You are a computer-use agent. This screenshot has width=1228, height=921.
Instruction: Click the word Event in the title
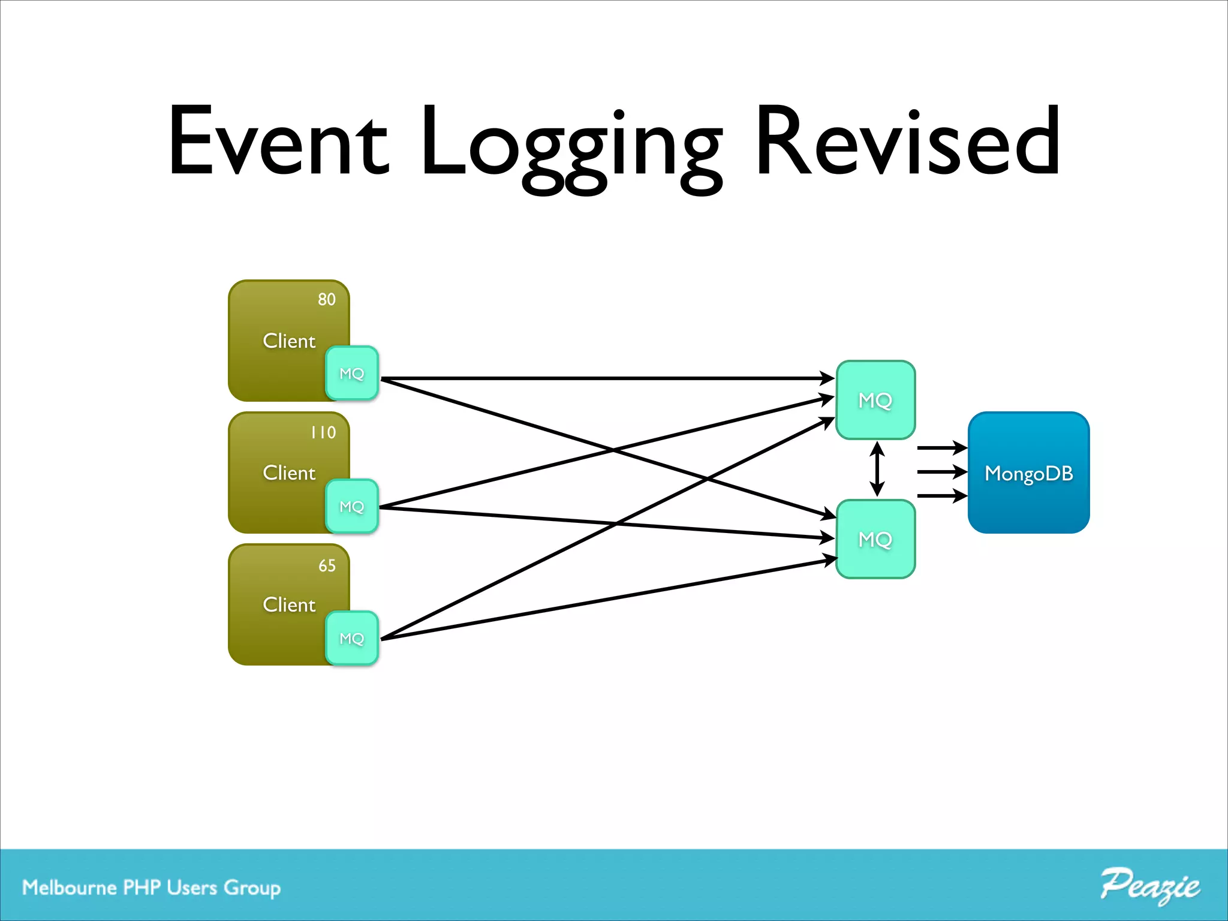coord(278,142)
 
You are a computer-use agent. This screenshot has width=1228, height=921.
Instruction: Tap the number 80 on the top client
coord(327,300)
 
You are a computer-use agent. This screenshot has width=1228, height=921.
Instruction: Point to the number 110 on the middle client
coord(323,432)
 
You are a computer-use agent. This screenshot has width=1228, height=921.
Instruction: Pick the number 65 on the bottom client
coord(327,565)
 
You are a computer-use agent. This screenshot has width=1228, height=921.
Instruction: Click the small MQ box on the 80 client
coord(352,374)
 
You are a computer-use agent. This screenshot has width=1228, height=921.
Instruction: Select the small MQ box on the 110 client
coord(352,507)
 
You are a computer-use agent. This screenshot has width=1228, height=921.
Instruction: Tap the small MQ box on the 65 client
coord(352,639)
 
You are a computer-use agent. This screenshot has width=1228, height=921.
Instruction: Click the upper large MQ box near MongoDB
coord(875,400)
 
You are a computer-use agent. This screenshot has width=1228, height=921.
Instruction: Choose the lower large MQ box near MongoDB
coord(875,539)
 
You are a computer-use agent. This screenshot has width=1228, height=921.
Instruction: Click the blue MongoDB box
coord(1028,473)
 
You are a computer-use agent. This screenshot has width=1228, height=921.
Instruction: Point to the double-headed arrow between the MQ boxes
coord(877,469)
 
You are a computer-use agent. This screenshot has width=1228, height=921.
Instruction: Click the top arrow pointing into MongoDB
coord(941,448)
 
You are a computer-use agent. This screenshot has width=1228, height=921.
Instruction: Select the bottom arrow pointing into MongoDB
coord(941,496)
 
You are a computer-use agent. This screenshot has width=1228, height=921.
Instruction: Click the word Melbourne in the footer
coord(69,887)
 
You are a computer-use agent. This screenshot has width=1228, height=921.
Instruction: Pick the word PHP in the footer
coord(142,887)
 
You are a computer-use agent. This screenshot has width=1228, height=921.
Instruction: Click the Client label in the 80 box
coord(289,341)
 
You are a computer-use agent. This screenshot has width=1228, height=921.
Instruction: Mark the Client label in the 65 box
coord(289,605)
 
